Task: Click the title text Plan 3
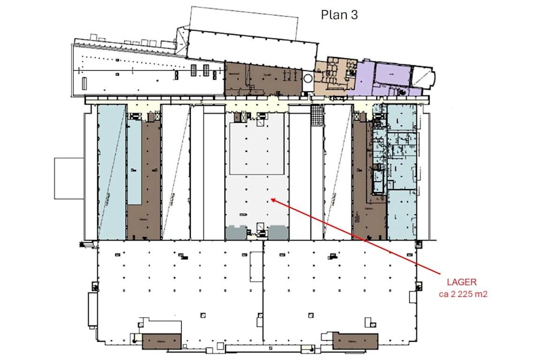click(339, 15)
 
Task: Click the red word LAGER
click(461, 282)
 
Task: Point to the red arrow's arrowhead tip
click(271, 199)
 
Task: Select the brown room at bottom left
click(161, 341)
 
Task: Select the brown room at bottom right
click(355, 341)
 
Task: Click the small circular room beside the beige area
click(308, 78)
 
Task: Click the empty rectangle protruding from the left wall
click(68, 178)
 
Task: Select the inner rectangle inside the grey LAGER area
click(257, 151)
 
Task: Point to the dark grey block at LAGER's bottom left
click(235, 233)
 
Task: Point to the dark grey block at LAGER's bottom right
click(277, 233)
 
